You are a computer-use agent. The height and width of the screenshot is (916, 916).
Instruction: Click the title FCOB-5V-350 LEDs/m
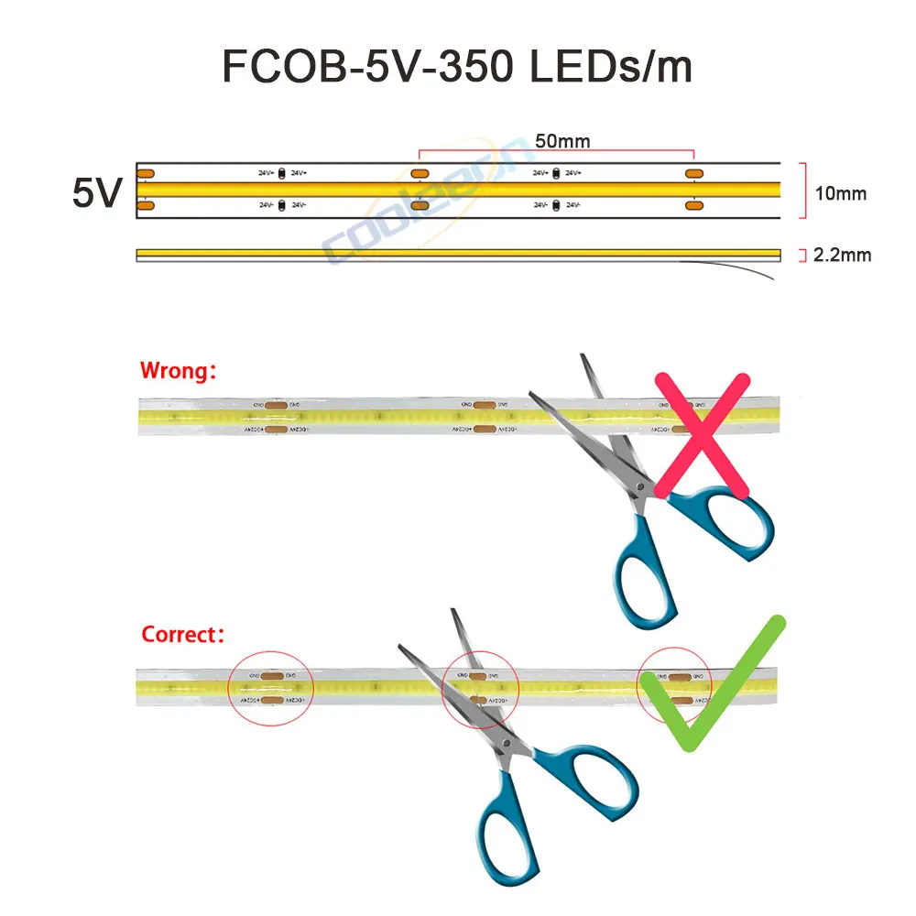coord(457,68)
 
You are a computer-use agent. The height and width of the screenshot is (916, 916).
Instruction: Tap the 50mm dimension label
coord(562,141)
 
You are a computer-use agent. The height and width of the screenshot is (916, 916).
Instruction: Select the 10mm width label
coord(840,193)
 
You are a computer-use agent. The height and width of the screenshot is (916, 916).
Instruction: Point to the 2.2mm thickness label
coord(842,255)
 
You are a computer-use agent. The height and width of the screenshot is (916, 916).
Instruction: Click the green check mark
coord(715,688)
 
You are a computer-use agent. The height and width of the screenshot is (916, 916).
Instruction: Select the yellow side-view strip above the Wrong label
coord(457,254)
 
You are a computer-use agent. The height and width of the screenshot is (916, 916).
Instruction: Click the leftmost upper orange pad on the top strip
coord(146,173)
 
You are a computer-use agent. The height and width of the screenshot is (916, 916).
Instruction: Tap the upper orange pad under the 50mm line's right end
coord(693,173)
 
